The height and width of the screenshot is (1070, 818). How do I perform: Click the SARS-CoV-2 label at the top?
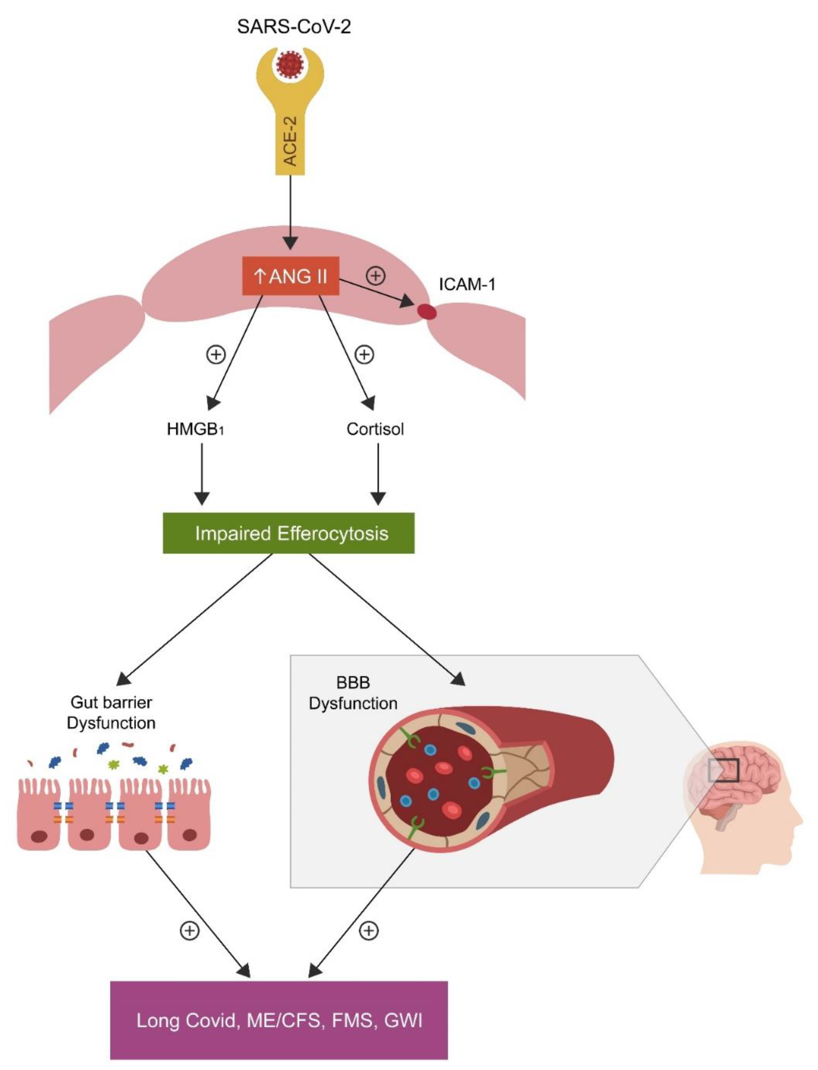294,26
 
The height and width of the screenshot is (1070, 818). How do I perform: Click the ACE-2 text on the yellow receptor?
290,141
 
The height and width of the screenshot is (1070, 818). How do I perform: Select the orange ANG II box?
291,276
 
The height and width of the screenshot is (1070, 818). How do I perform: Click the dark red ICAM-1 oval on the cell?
428,312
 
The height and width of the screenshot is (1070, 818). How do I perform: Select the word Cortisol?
375,429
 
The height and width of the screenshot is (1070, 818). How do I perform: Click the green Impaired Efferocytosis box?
289,533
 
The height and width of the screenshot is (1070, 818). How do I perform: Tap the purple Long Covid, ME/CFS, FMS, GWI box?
279,1019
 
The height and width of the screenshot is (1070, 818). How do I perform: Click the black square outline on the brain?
724,770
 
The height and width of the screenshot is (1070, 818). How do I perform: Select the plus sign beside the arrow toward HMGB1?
216,354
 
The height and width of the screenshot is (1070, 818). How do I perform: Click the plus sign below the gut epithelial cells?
190,931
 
